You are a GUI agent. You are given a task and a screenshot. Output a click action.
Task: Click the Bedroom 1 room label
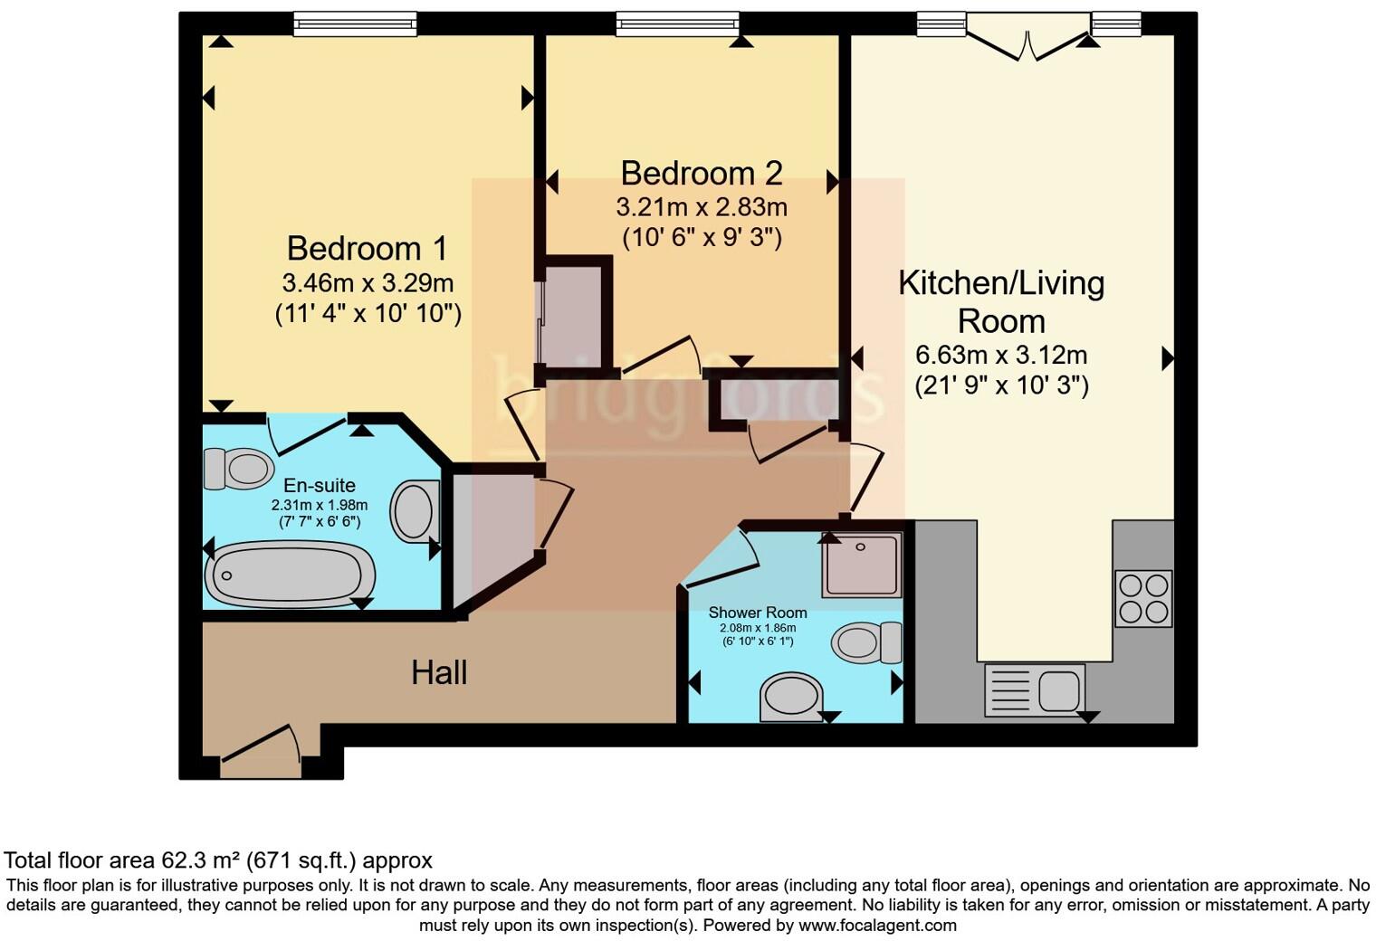(367, 248)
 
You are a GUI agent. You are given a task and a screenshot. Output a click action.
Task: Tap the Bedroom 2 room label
(701, 172)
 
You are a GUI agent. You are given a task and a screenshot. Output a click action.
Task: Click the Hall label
(439, 672)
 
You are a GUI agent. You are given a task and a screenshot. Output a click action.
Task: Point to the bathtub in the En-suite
(289, 575)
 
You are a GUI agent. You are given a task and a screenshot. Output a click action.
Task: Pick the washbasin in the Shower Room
(791, 698)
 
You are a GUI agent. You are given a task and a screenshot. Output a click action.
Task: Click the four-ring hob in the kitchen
(1143, 598)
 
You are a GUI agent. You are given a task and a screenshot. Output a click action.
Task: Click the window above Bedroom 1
(355, 24)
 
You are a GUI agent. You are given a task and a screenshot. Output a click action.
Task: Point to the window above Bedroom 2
(677, 24)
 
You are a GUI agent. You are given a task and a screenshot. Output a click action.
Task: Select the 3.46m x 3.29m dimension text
(368, 283)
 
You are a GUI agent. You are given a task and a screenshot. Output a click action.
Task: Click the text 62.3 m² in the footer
(199, 860)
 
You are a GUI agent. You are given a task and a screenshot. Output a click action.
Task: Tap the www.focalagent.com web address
(876, 926)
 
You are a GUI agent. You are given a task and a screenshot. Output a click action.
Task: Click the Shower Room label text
(758, 613)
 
